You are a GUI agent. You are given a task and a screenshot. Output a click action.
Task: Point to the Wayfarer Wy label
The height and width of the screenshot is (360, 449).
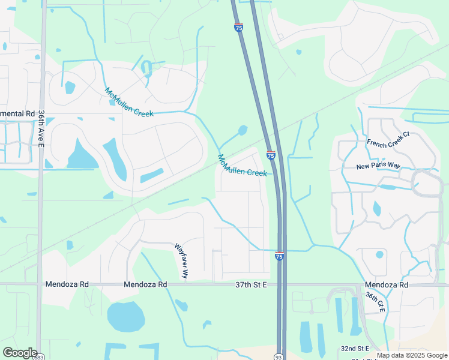181,260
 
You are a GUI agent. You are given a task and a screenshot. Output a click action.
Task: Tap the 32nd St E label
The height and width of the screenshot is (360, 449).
355,348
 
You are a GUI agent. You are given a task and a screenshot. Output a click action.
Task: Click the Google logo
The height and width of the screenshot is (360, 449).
19,353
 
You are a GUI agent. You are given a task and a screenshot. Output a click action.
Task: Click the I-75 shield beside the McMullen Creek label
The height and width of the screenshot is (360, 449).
271,155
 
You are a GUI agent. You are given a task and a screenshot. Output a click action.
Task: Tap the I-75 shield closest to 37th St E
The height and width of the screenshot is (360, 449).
280,256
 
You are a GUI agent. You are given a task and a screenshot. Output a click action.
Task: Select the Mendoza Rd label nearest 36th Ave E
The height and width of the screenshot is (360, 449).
67,284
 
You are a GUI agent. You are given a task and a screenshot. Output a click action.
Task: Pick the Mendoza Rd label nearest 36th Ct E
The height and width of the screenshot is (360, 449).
387,284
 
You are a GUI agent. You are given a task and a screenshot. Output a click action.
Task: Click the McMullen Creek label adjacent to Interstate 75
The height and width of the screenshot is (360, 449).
241,166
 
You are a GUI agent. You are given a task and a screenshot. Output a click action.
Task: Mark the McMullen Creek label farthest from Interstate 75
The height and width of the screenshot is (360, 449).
128,103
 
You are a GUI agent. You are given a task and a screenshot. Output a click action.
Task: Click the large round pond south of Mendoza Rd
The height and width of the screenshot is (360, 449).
125,316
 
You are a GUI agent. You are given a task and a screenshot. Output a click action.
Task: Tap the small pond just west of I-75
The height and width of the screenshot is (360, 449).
243,130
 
